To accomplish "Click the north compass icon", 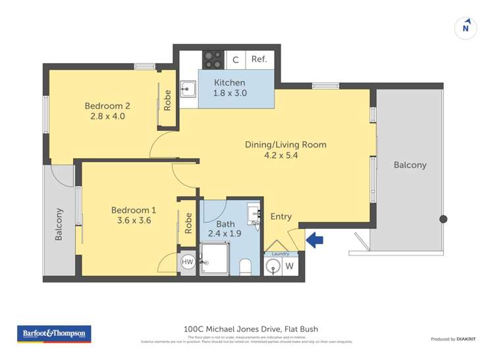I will [466, 28].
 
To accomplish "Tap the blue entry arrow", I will [316, 240].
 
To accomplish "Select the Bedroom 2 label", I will [107, 105].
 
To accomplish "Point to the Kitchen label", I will [229, 83].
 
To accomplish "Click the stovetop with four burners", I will [213, 59].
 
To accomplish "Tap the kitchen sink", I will [187, 89].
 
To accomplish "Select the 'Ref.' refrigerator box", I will [259, 59].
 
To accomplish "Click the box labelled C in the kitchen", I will [235, 60].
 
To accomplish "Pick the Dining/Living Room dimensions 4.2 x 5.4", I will [285, 156].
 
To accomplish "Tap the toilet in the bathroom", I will [246, 266].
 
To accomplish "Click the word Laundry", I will [281, 253].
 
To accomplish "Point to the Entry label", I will [281, 217].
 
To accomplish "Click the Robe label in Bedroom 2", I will [168, 99].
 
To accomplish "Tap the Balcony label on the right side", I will [410, 165].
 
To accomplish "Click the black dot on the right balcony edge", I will [443, 219].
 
